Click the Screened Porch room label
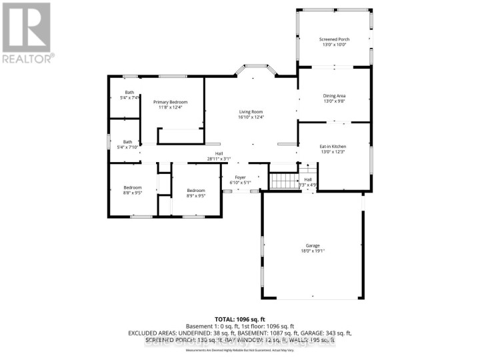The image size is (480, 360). [x=334, y=39]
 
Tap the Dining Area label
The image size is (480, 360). [x=334, y=95]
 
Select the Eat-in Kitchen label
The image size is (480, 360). [x=334, y=145]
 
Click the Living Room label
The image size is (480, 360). [x=251, y=111]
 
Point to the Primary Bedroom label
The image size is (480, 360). [x=170, y=101]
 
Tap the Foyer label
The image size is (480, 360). [x=239, y=177]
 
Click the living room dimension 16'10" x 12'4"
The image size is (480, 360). [x=251, y=117]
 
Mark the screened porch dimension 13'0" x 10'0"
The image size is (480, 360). [x=334, y=45]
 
